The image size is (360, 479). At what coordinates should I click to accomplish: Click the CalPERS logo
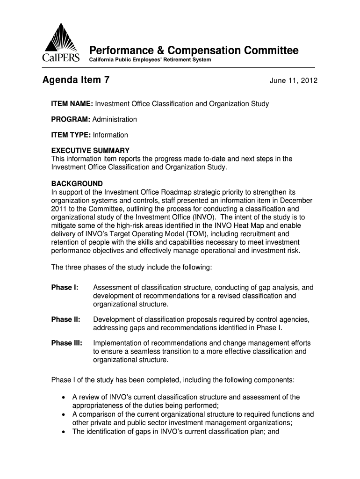pyautogui.click(x=61, y=44)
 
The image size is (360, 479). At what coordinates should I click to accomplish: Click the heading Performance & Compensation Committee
pyautogui.click(x=194, y=51)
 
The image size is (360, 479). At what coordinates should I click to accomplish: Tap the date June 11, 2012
pyautogui.click(x=293, y=81)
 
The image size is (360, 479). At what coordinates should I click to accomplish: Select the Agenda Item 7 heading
pyautogui.click(x=76, y=80)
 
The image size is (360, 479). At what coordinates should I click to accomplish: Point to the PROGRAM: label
pyautogui.click(x=71, y=119)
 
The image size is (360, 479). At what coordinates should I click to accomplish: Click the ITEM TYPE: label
pyautogui.click(x=71, y=135)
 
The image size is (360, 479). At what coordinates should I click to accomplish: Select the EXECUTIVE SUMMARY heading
pyautogui.click(x=90, y=151)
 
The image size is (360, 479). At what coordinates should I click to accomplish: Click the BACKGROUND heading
pyautogui.click(x=77, y=183)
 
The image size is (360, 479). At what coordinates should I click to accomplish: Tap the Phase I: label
pyautogui.click(x=65, y=287)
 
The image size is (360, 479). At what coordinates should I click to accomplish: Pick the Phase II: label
pyautogui.click(x=65, y=319)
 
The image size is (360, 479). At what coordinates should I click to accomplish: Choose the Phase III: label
pyautogui.click(x=66, y=343)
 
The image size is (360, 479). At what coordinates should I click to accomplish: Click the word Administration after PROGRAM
pyautogui.click(x=115, y=119)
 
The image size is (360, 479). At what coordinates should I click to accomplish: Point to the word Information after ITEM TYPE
pyautogui.click(x=110, y=135)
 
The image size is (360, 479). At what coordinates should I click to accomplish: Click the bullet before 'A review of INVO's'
pyautogui.click(x=63, y=398)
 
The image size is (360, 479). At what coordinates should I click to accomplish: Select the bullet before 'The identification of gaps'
pyautogui.click(x=63, y=432)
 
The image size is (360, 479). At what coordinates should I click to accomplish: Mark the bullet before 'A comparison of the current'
pyautogui.click(x=63, y=414)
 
